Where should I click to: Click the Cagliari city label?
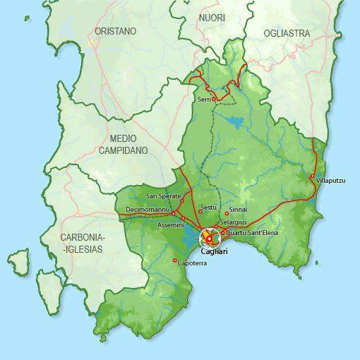(213, 251)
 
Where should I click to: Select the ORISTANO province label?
(115, 32)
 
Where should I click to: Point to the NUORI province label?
(212, 17)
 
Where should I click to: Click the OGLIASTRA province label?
(287, 33)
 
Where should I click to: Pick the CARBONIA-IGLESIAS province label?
(82, 243)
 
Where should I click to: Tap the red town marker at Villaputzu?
(312, 176)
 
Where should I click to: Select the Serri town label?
(204, 100)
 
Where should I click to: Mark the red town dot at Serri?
(214, 100)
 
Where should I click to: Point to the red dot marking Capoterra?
(174, 260)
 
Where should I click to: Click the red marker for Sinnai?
(227, 213)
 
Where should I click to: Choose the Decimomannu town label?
(148, 210)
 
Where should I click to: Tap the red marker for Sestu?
(200, 212)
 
